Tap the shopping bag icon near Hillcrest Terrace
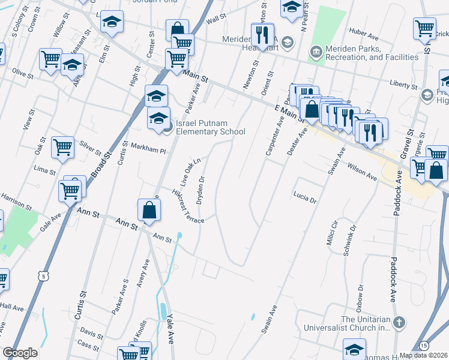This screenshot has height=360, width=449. (149, 210)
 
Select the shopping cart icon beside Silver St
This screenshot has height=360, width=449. (62, 147)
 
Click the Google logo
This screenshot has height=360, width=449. (20, 353)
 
